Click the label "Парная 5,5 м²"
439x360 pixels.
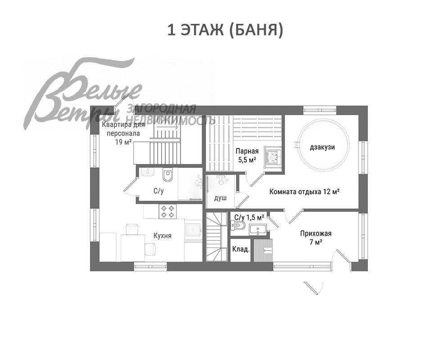click(246, 155)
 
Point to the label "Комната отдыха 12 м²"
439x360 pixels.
click(304, 191)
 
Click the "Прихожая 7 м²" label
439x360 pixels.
click(316, 238)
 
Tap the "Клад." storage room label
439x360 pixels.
click(240, 249)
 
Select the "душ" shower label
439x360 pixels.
click(220, 198)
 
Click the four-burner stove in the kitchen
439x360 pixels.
click(168, 211)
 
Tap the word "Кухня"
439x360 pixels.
click(162, 235)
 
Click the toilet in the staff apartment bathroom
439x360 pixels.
click(168, 175)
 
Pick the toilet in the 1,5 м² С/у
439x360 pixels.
click(240, 226)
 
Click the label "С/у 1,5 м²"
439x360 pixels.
click(249, 217)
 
